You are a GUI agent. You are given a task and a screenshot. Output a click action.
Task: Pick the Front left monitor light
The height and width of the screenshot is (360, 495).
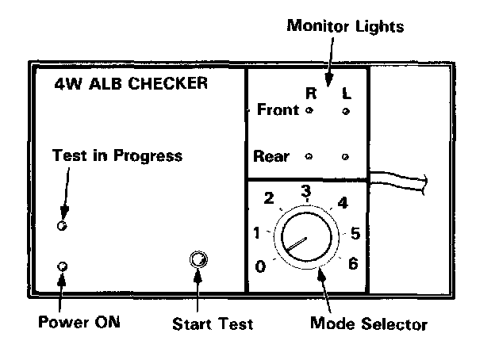345,112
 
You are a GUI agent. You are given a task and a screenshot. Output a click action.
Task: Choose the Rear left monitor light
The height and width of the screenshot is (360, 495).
345,156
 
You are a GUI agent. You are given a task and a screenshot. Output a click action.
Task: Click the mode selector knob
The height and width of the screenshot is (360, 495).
305,237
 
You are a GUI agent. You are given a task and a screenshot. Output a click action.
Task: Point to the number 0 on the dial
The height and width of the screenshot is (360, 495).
259,266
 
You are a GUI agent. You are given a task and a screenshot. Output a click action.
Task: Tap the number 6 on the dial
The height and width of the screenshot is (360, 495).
353,263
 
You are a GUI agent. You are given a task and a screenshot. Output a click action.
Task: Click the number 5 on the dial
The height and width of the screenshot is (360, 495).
355,234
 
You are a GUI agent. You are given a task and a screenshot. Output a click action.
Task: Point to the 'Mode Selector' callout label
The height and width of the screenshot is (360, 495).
368,324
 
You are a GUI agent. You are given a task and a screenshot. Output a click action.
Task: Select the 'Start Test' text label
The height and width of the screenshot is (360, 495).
213,324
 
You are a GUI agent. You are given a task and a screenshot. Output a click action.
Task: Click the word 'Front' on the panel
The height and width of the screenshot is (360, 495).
278,110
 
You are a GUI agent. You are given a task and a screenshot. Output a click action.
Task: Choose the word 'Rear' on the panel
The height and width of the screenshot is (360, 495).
271,156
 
